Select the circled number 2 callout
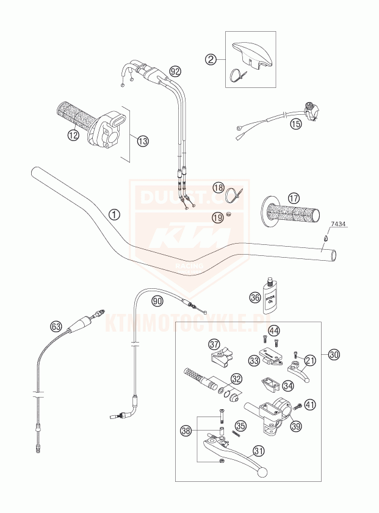[x=211, y=59]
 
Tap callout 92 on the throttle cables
[x=175, y=71]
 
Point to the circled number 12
[x=73, y=136]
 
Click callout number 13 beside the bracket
[x=142, y=141]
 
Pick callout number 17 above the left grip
[x=294, y=198]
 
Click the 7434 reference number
[x=339, y=225]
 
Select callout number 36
[x=254, y=298]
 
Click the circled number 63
[x=56, y=327]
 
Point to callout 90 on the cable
[x=157, y=300]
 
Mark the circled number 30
[x=333, y=354]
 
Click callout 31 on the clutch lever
[x=259, y=451]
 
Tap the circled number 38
[x=187, y=431]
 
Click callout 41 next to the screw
[x=311, y=404]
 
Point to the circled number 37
[x=214, y=343]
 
